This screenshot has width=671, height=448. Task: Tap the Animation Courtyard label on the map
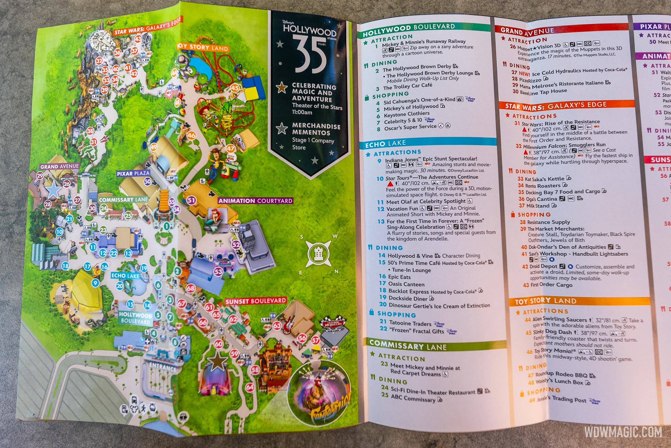(255, 201)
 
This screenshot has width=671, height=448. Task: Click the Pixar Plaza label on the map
(133, 173)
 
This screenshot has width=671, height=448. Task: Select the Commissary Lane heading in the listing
(408, 345)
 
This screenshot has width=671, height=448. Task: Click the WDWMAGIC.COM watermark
(623, 432)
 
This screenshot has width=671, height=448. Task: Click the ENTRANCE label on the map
(162, 367)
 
